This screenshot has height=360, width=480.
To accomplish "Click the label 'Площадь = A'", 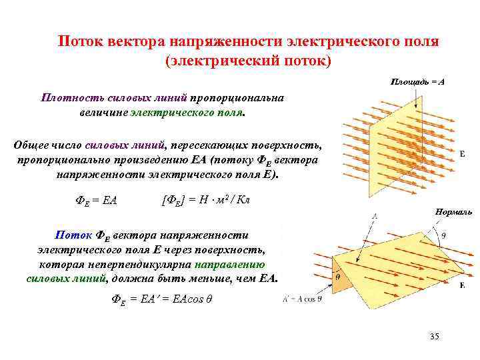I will coord(417,81).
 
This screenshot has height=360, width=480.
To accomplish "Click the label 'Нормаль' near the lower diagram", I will coord(453,211).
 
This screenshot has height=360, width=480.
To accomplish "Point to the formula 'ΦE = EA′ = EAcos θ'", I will coord(162,300).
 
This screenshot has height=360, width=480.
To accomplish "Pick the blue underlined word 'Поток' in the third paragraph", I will coord(69,235).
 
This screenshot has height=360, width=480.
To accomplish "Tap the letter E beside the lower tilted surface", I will coord(462,285).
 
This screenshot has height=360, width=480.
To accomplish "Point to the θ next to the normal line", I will coord(445,234).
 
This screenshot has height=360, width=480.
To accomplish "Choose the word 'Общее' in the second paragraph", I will coord(33,145).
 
